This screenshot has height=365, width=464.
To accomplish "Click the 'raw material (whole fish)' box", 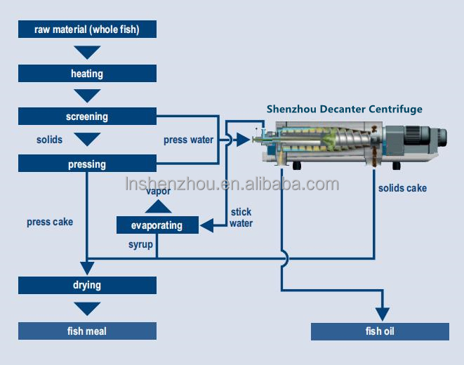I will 87,29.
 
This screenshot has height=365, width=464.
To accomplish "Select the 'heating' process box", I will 87,73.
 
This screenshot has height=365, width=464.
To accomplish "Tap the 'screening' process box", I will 87,117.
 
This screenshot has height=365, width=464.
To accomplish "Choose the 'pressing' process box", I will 87,164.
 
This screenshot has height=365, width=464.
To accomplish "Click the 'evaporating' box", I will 157,225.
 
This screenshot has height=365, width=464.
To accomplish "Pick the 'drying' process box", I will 87,285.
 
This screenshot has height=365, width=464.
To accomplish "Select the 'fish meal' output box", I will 87,331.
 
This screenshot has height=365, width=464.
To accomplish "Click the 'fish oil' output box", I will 380,331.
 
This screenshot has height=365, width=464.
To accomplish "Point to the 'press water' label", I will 188,140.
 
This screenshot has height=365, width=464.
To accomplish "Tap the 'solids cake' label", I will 402,188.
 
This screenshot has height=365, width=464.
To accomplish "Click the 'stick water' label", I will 241,218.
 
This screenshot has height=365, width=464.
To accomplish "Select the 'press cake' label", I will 50,222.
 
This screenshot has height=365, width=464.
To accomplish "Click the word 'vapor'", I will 158,192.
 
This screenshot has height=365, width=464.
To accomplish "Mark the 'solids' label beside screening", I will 49,140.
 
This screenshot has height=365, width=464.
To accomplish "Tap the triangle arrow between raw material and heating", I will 87,52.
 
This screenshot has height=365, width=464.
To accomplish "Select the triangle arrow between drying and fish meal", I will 87,308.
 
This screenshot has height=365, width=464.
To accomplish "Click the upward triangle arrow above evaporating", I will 158,206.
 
